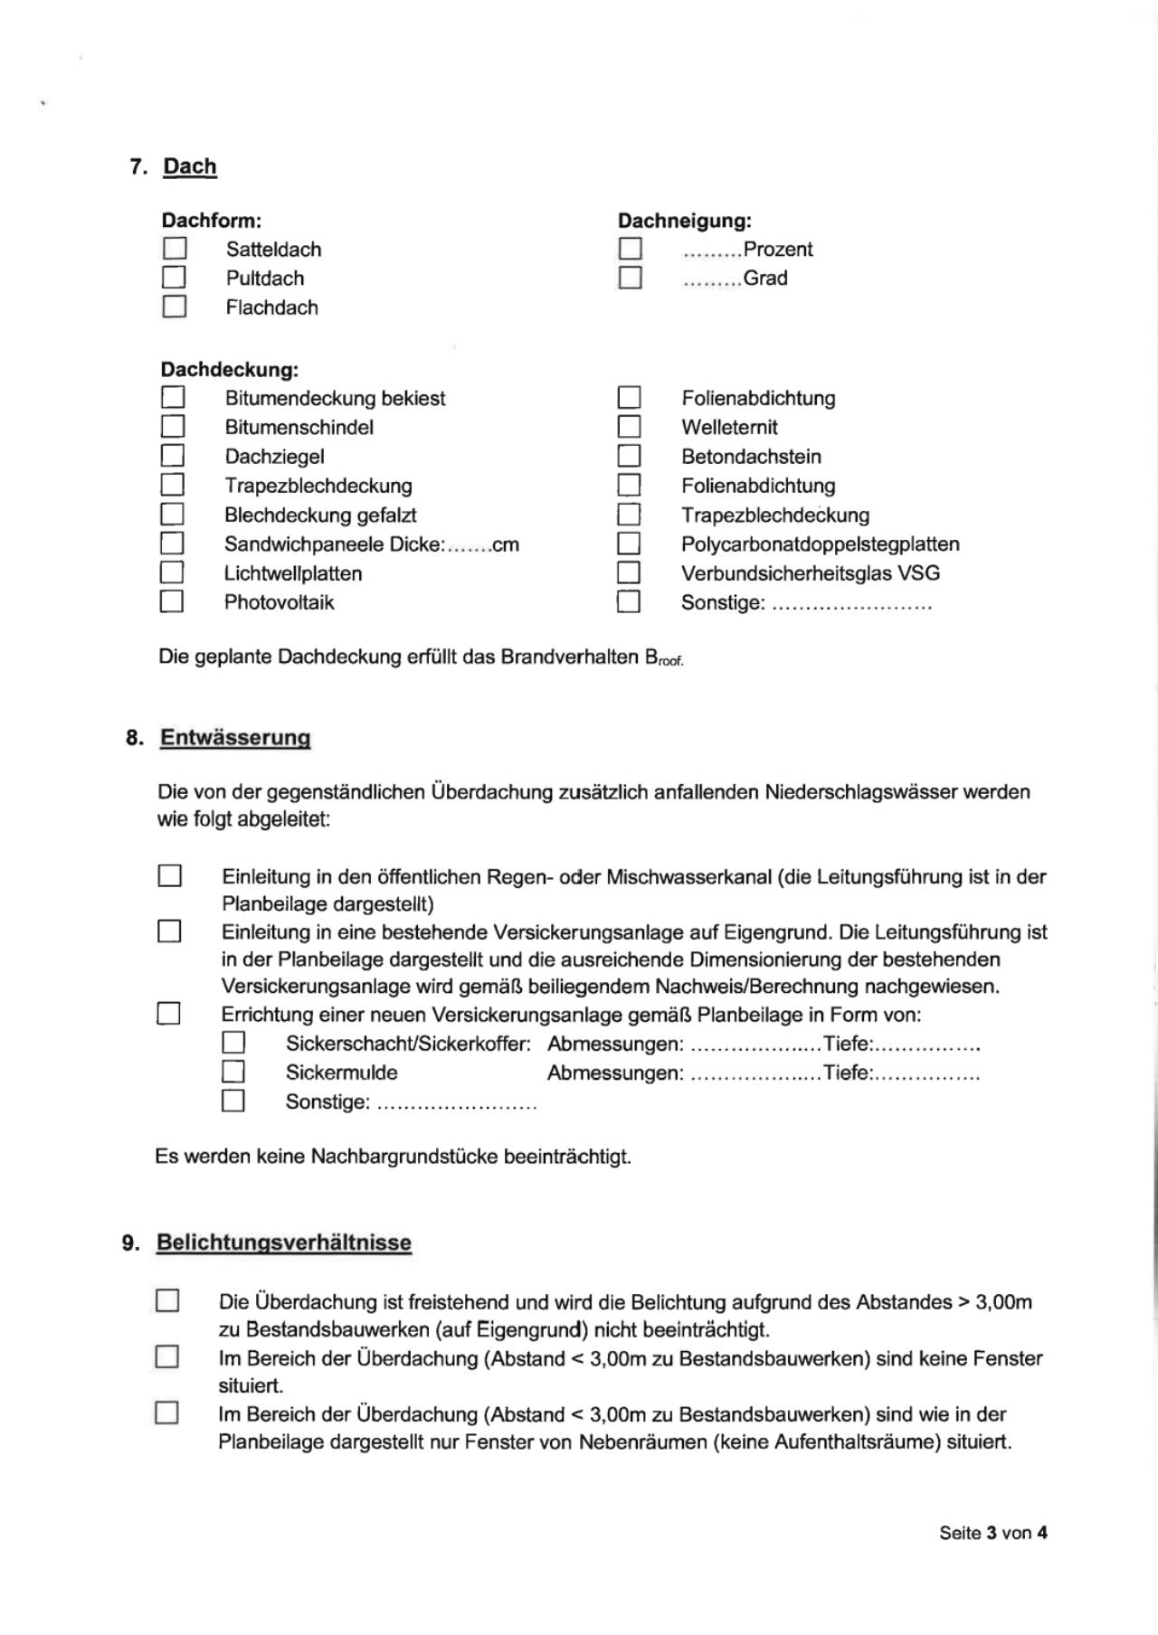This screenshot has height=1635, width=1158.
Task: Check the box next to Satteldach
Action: pos(175,249)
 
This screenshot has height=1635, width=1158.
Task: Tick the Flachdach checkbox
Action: pos(175,307)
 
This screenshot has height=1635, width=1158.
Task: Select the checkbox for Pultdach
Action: pos(174,277)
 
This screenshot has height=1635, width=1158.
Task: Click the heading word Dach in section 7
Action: pos(190,166)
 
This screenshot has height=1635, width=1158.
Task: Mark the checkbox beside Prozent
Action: pos(631,249)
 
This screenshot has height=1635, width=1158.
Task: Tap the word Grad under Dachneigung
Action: pos(765,278)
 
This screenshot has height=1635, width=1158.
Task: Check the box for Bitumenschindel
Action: pos(173,426)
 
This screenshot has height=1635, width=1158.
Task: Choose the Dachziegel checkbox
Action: pos(173,456)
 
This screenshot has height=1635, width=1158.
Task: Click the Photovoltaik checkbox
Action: pos(172,601)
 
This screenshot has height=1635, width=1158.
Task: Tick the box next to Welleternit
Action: pos(630,426)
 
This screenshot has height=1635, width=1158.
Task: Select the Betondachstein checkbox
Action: pos(630,456)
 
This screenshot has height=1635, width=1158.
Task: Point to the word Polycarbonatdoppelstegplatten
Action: pos(820,544)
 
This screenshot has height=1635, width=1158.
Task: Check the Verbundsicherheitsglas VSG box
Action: pos(629,572)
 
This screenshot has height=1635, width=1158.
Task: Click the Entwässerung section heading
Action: pos(235,738)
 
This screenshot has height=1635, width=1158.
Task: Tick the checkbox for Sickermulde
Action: pos(233,1073)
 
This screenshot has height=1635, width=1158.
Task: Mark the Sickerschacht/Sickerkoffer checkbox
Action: pos(233,1044)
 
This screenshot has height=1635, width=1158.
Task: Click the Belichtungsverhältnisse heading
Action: pos(283,1243)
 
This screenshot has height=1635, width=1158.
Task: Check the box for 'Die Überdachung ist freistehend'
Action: pos(167,1301)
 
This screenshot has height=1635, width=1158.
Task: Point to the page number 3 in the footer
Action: pos(992,1533)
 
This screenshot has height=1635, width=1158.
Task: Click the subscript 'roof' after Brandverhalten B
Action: pos(671,662)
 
